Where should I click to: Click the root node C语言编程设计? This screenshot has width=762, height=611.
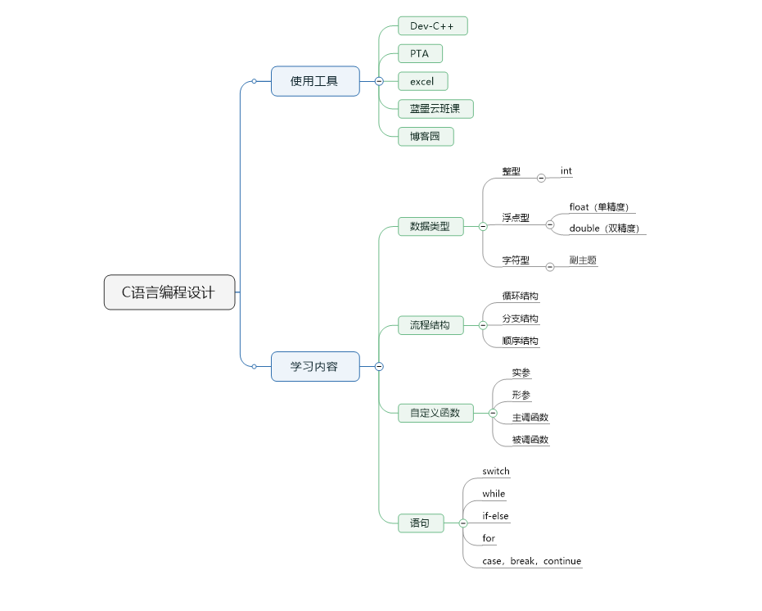coord(169,292)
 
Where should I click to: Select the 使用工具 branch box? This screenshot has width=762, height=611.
coord(315,81)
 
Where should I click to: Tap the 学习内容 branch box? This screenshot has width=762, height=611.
coord(315,366)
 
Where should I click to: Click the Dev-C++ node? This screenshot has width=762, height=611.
coord(432,26)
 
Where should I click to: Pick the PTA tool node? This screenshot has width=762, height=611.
coord(420,54)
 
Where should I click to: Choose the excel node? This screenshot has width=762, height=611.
coord(422,81)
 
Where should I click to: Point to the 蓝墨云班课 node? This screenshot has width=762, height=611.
coord(435,108)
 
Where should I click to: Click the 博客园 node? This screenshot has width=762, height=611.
coord(426,136)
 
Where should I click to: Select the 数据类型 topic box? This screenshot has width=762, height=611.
coord(430,226)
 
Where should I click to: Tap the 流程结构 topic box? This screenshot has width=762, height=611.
coord(430,325)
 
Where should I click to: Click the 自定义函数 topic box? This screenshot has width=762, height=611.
coord(435,413)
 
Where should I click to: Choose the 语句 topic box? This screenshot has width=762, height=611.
coord(421,523)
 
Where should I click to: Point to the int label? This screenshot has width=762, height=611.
coord(566,171)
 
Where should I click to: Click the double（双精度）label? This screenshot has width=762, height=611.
coord(604,229)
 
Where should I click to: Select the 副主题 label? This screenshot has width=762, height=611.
coord(583,260)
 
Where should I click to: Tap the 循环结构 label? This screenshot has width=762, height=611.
coord(521,296)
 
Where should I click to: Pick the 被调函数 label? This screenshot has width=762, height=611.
coord(530,440)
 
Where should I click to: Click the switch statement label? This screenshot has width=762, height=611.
coord(496,471)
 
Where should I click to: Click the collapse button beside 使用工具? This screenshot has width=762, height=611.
coord(379,81)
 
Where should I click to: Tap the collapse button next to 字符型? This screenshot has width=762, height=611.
coord(550,266)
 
